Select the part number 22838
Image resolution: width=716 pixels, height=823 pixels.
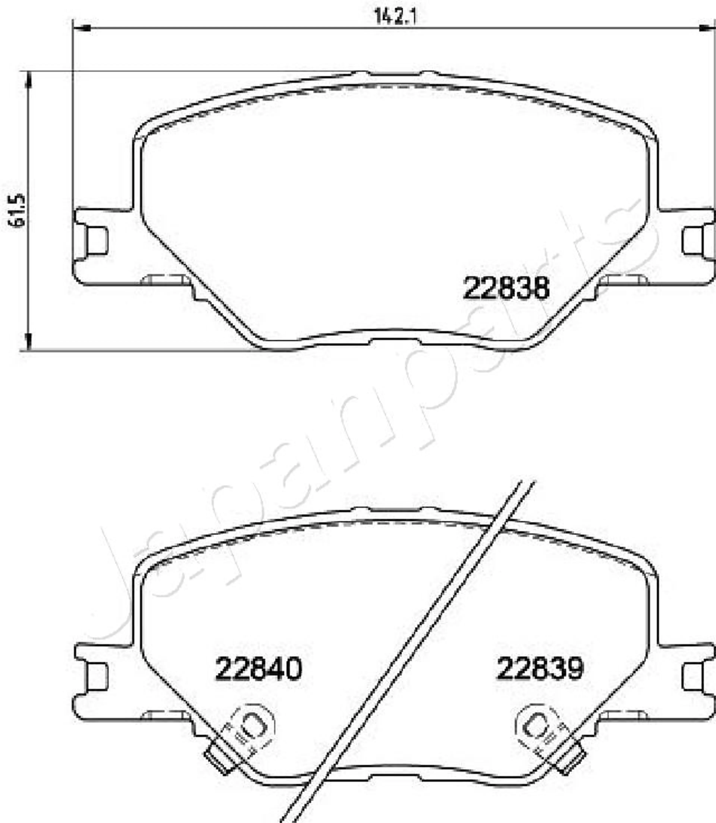point(506,289)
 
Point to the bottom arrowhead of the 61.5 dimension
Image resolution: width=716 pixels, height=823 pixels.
point(28,341)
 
